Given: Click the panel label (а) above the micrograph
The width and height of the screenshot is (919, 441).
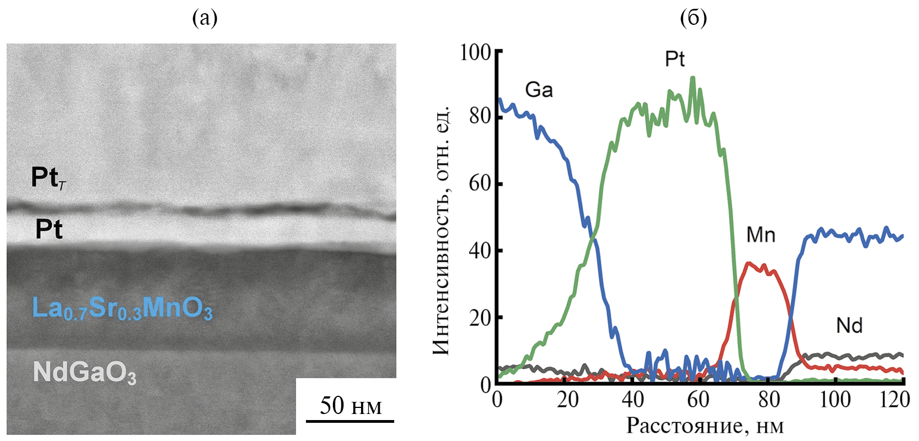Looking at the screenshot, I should click(205, 18).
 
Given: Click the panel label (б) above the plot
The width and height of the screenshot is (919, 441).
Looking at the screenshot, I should click(693, 18).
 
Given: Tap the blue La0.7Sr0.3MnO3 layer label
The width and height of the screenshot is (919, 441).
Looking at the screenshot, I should click(122, 308).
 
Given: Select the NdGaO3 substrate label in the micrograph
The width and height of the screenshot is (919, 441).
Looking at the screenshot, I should click(84, 373).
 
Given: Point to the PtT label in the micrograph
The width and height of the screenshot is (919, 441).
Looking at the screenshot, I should click(49, 178).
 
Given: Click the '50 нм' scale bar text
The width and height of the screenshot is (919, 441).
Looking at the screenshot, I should click(351, 406).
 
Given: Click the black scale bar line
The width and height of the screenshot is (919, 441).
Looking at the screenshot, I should click(350, 422).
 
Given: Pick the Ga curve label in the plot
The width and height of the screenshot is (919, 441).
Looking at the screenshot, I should click(539, 90).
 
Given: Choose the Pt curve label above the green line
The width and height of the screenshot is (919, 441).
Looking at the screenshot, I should click(675, 59).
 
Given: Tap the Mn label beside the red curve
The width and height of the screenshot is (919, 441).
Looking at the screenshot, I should click(761, 235).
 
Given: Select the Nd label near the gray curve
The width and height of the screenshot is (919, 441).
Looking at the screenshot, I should click(849, 326).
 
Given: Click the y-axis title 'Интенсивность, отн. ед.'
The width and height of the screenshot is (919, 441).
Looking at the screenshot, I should click(441, 230).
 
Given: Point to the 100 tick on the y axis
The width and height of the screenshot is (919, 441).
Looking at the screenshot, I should click(475, 52).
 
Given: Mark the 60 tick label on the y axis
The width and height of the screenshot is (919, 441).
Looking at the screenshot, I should click(480, 184).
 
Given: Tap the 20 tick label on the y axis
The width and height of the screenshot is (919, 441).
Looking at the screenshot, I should click(480, 318).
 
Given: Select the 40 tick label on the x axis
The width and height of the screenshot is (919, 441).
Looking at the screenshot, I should click(632, 399).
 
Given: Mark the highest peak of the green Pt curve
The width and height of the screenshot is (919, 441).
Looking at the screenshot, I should click(693, 78).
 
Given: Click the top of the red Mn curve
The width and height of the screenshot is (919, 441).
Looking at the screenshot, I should click(748, 263).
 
